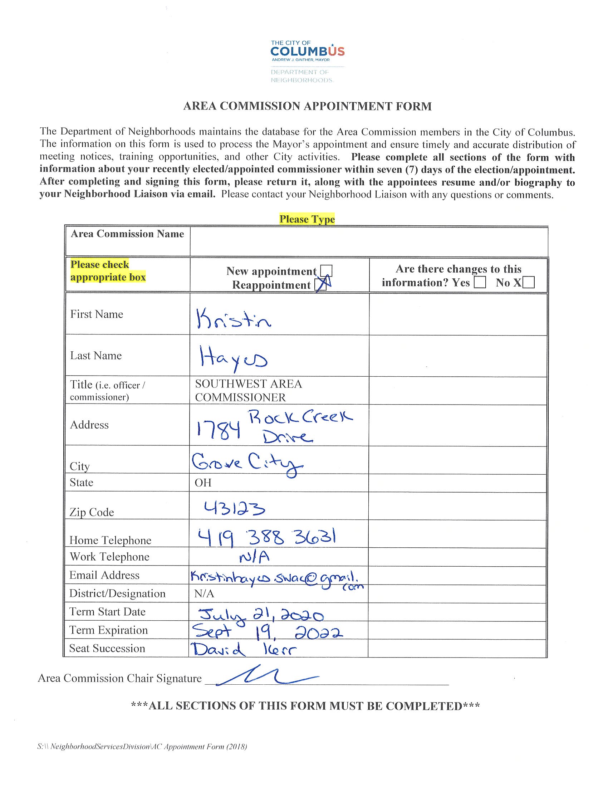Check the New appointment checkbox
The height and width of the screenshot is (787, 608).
coord(326,271)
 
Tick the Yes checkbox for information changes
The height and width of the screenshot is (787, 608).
coord(479,283)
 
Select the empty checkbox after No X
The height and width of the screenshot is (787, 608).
coord(528,283)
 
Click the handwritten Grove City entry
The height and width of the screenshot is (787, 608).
coord(247,464)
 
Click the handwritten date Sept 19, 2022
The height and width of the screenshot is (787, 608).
coord(267,632)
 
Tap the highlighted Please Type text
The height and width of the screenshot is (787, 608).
coord(307,219)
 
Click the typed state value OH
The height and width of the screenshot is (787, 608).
coord(203,483)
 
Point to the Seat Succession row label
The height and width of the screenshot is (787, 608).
coord(107,648)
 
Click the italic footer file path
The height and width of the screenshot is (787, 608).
coord(142,747)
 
